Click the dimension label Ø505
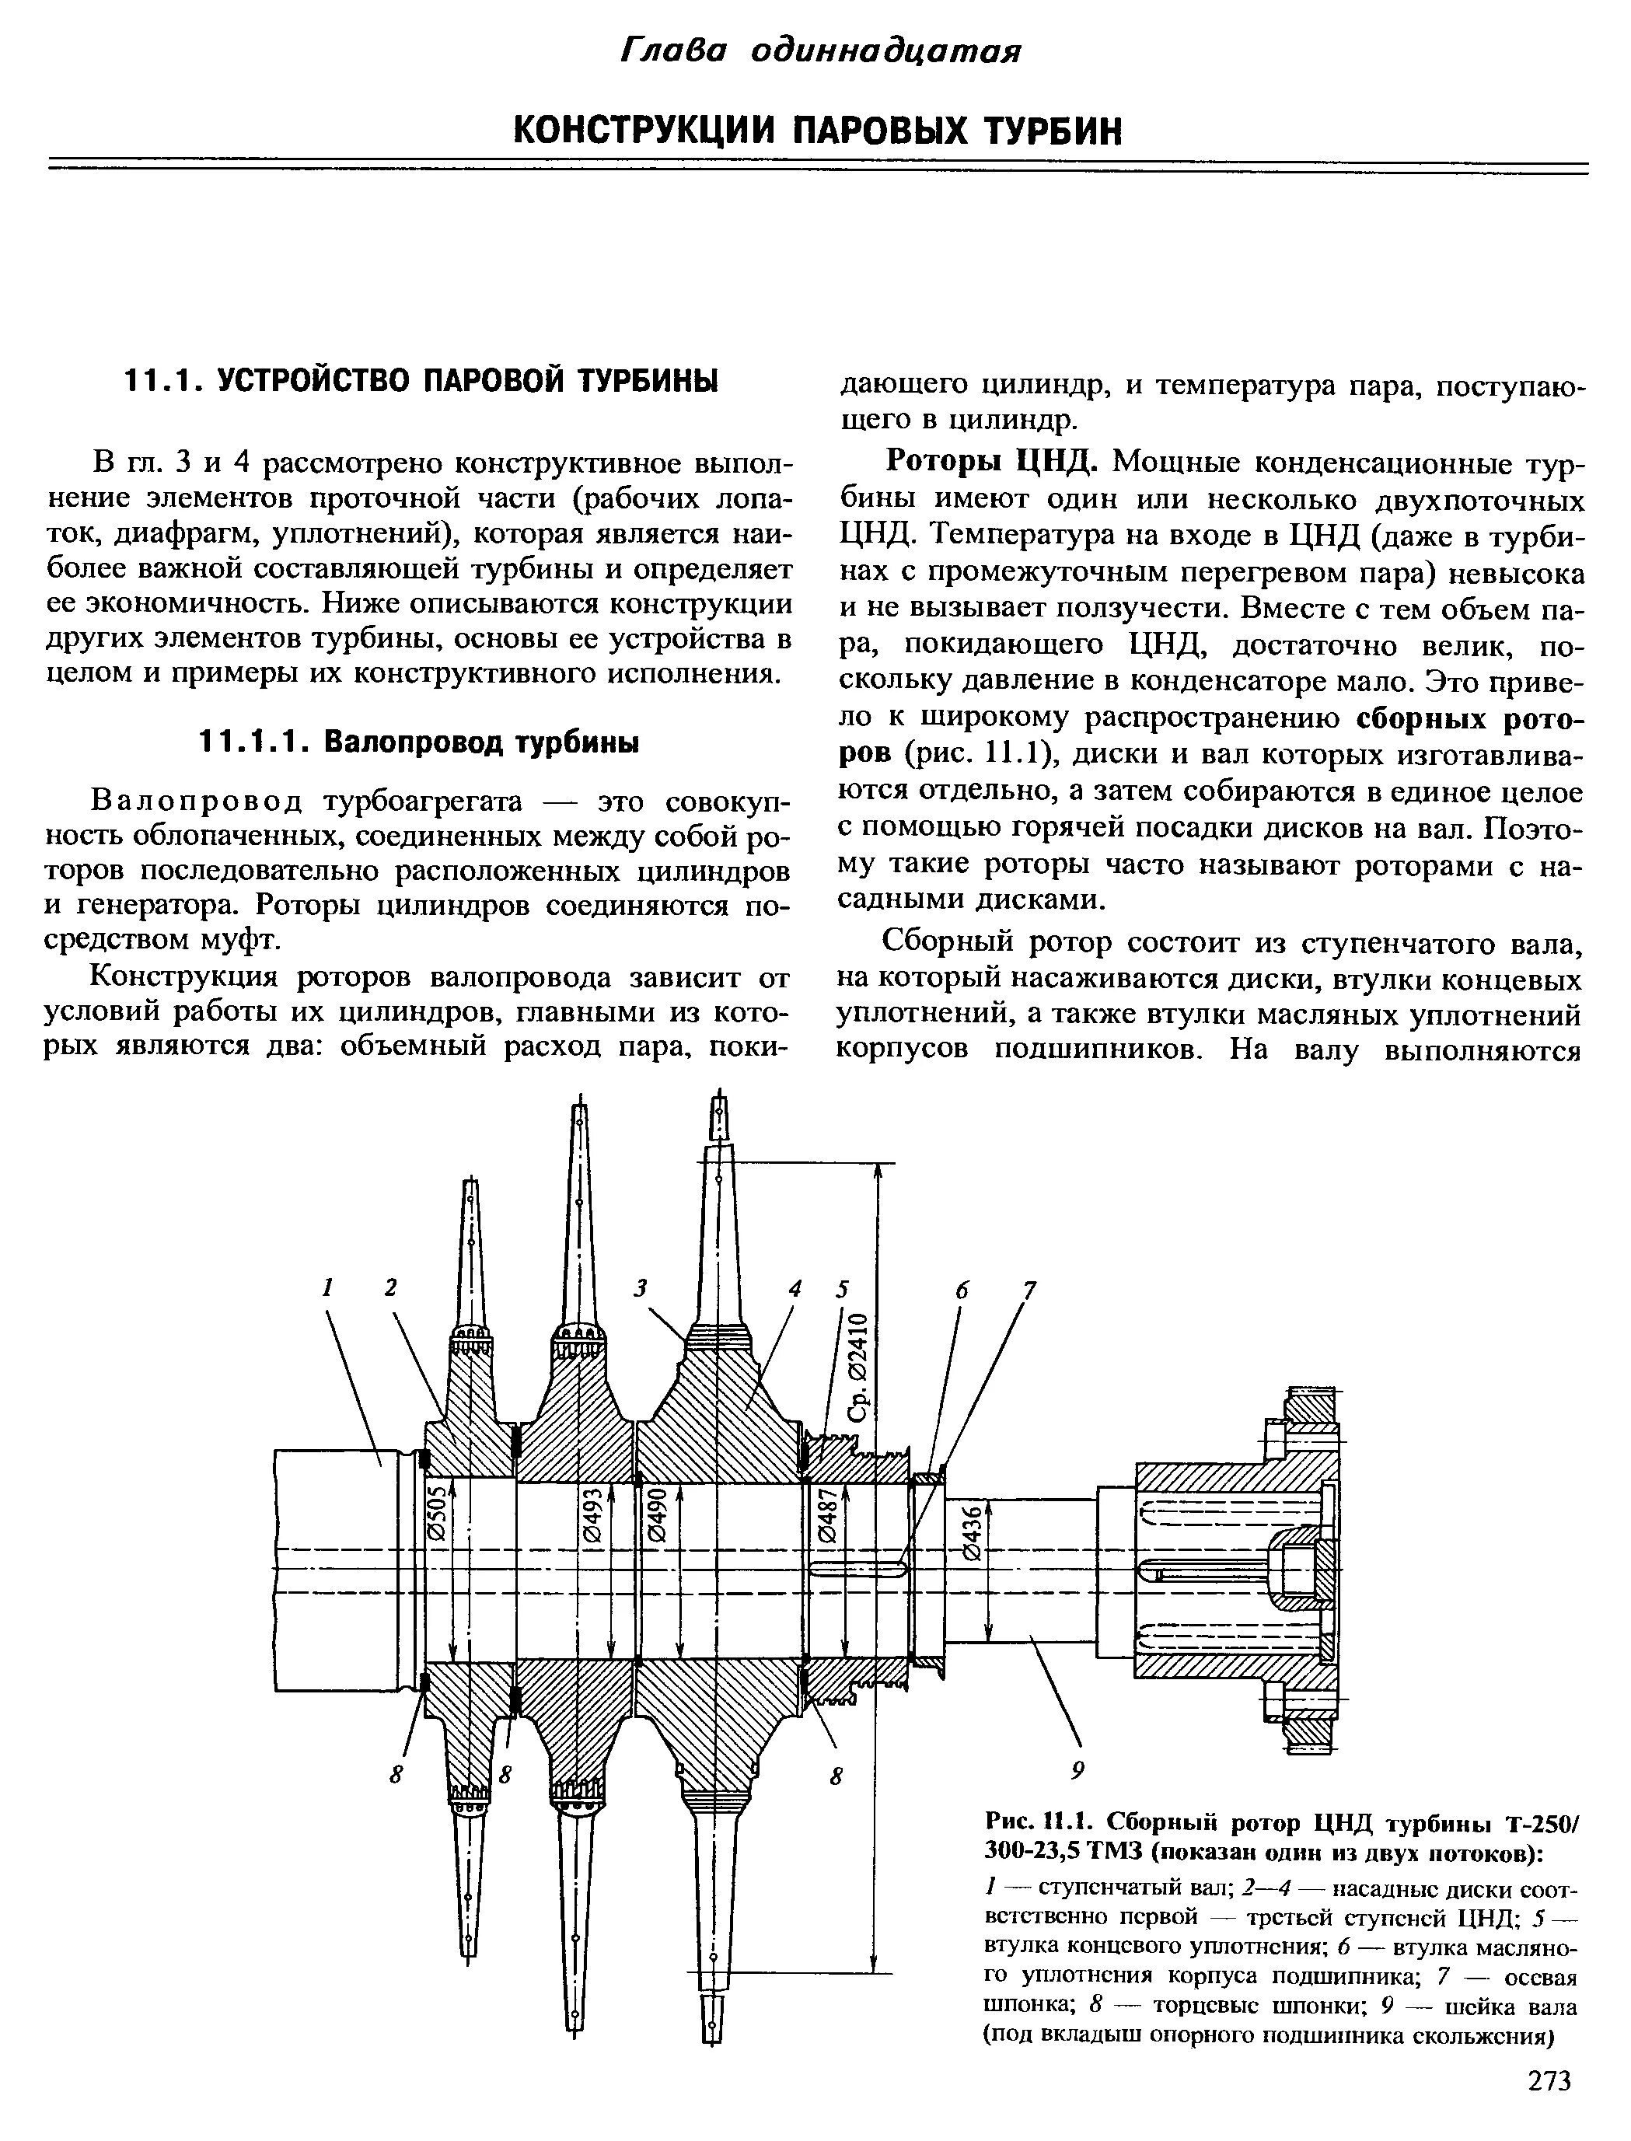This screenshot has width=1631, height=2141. point(437,1512)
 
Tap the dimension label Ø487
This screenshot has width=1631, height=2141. point(827,1517)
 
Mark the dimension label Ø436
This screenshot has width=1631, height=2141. point(972,1534)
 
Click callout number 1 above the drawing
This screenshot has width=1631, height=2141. point(328,1287)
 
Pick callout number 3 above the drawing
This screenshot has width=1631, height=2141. point(641,1288)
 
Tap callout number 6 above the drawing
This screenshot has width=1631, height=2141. point(961,1291)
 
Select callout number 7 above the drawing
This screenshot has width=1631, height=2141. point(1029,1291)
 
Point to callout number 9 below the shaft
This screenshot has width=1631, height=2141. point(1077,1769)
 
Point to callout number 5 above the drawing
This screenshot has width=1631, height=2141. point(843,1290)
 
